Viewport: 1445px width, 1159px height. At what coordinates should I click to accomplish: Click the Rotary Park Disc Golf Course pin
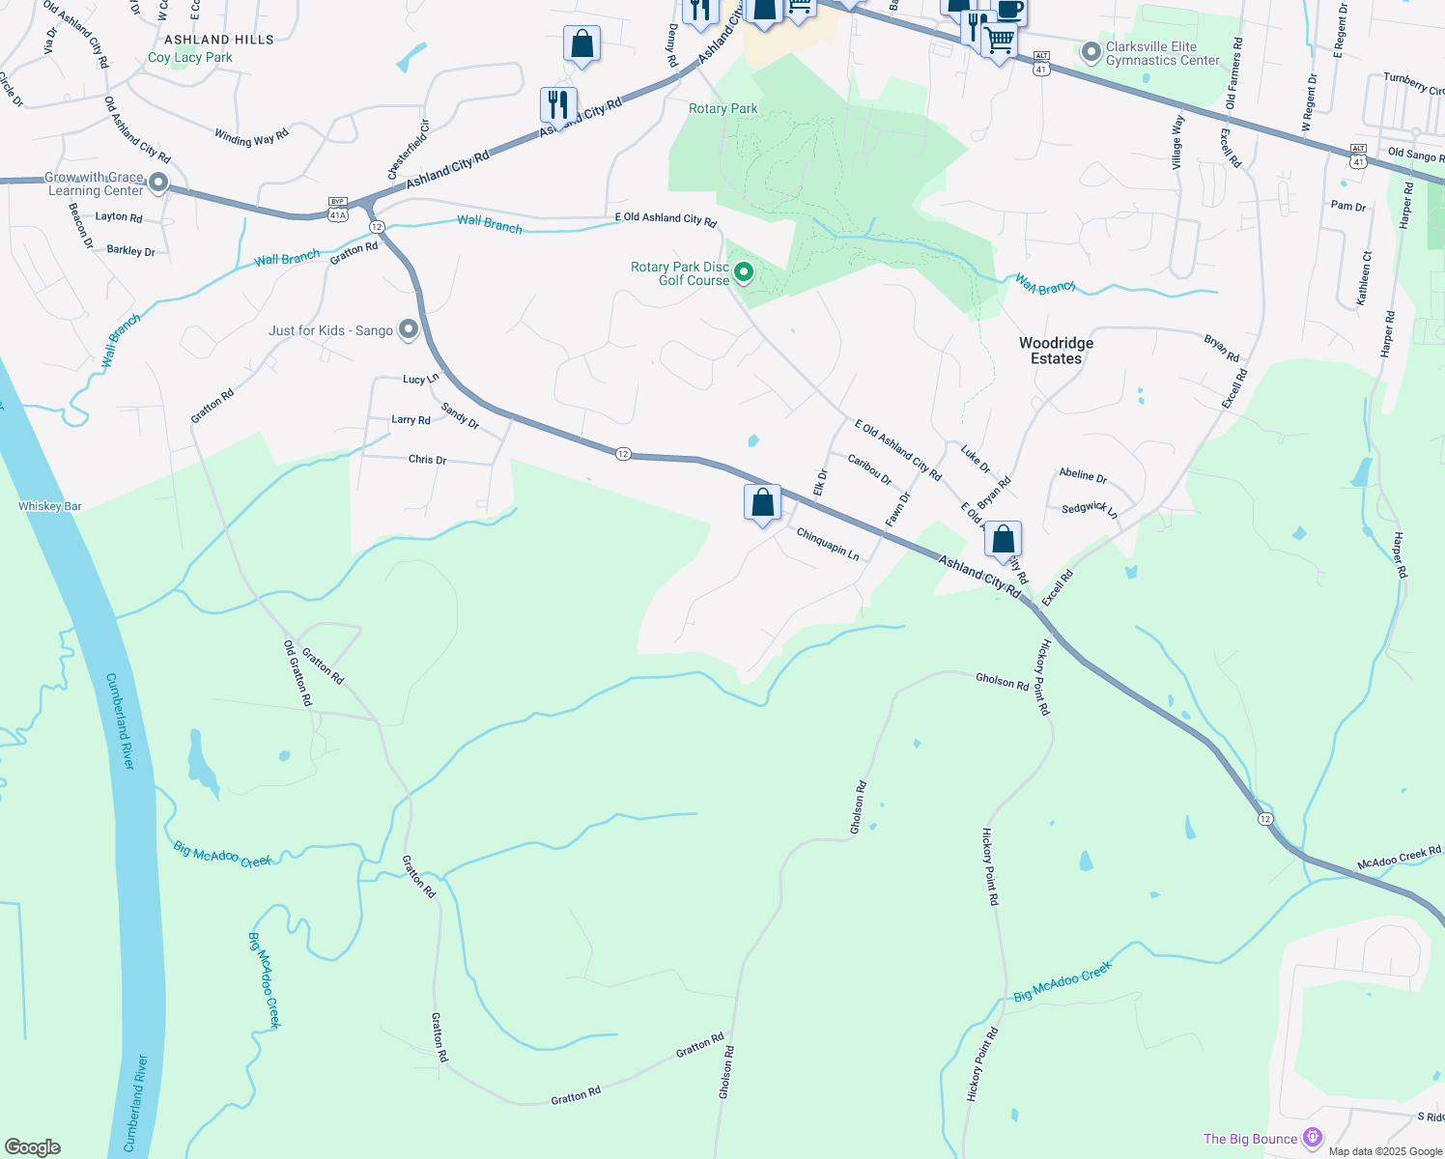[744, 273]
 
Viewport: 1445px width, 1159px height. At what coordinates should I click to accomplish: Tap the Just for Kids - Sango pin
[409, 330]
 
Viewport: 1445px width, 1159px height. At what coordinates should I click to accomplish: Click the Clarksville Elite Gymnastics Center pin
[1091, 52]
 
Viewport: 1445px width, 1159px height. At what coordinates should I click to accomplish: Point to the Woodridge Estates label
[1056, 351]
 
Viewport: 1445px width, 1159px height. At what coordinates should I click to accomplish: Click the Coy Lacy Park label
[190, 57]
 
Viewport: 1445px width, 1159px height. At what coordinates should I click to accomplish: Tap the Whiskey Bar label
[50, 506]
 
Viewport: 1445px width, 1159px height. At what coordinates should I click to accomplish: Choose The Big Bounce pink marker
[1312, 1138]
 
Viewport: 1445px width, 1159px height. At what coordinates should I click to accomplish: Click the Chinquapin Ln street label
[828, 544]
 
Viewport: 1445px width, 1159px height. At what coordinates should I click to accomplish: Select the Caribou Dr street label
[869, 469]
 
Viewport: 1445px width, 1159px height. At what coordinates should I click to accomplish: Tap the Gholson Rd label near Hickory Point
[1002, 681]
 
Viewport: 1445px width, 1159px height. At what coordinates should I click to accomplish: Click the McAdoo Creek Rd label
[1399, 858]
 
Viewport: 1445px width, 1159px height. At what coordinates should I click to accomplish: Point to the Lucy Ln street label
[420, 380]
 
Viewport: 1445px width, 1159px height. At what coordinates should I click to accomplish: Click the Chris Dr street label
[427, 460]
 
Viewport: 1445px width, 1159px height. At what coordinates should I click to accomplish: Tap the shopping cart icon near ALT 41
[999, 42]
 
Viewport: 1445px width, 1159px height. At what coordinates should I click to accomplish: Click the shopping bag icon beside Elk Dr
[762, 502]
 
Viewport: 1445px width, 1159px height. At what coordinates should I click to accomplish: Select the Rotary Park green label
[723, 108]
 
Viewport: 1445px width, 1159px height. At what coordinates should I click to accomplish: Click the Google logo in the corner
[33, 1146]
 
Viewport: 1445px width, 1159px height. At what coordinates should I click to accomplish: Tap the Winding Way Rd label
[251, 138]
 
